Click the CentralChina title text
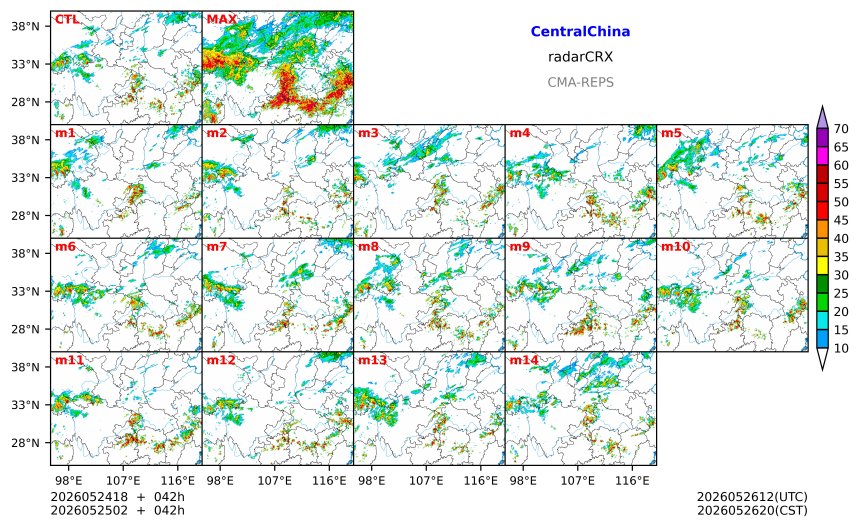[580, 32]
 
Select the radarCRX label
[580, 57]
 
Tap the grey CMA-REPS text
[580, 82]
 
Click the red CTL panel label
[67, 20]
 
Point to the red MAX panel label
[222, 20]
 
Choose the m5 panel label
[671, 133]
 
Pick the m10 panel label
[675, 247]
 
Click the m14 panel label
[524, 360]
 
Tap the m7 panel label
[217, 247]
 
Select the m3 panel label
[368, 133]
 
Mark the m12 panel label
[221, 360]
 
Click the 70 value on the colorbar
[841, 129]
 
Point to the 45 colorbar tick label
[841, 220]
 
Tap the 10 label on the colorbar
[841, 348]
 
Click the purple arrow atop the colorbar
[822, 117]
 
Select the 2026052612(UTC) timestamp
[752, 497]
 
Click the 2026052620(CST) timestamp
[752, 510]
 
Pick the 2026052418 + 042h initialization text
[117, 497]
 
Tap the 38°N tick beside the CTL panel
[26, 26]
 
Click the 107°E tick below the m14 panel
[578, 481]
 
